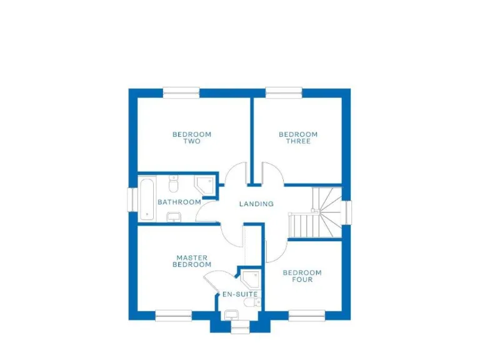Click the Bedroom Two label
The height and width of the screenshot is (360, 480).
(192, 137)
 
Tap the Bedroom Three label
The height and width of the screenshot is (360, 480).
(298, 137)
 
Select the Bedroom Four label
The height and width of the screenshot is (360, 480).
(302, 276)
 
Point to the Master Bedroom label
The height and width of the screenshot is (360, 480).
(192, 261)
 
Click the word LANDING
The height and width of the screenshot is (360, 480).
(256, 204)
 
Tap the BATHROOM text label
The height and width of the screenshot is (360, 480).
(179, 202)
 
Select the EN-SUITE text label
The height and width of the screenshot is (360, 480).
(240, 294)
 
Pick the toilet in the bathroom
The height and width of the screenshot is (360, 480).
(174, 183)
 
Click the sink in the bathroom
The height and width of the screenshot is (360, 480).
(174, 216)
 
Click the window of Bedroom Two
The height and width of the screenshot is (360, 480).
(181, 92)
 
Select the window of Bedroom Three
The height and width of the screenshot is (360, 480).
(284, 92)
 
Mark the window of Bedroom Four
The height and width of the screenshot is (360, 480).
(307, 316)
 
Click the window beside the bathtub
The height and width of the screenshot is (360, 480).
(132, 199)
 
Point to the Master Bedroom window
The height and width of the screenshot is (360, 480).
(174, 316)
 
